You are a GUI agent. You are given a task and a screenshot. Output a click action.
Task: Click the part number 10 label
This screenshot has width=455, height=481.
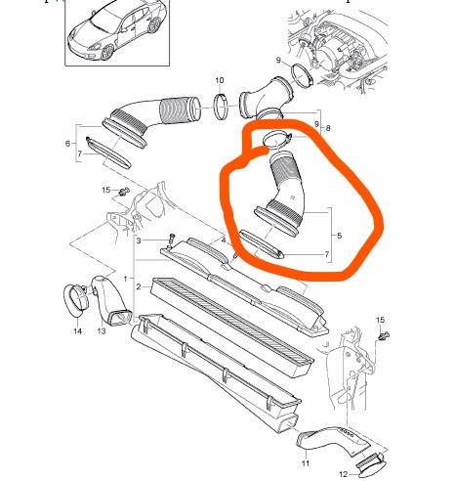(x=220, y=80)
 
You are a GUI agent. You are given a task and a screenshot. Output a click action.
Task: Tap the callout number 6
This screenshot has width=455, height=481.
(x=67, y=144)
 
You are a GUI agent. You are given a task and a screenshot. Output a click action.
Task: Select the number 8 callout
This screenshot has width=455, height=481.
(x=328, y=128)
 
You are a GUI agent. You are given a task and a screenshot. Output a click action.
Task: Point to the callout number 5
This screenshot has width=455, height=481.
(x=340, y=236)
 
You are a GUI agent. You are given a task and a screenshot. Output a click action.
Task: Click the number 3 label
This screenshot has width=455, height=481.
(x=139, y=240)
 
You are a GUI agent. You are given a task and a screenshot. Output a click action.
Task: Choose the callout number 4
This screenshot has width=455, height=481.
(x=224, y=240)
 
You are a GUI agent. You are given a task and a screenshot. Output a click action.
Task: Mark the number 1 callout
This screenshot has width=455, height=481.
(x=126, y=279)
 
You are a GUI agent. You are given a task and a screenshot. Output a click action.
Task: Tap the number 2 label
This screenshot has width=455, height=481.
(x=139, y=287)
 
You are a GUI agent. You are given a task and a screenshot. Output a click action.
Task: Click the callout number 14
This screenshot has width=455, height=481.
(x=77, y=331)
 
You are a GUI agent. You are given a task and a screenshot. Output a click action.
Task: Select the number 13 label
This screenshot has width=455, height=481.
(x=102, y=331)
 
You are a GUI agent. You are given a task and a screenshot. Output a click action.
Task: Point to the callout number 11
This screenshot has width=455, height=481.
(x=306, y=463)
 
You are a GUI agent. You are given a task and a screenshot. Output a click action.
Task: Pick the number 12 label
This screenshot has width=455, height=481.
(x=344, y=474)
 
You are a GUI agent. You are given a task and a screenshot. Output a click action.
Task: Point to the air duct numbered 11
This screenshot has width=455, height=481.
(x=334, y=440)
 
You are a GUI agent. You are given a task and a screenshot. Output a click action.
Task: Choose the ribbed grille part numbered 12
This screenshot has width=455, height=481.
(x=371, y=461)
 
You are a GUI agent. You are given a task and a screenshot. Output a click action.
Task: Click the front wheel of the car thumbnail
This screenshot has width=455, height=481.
(x=107, y=53)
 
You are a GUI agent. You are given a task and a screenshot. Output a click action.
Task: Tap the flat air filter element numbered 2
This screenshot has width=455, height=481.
(x=232, y=328)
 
